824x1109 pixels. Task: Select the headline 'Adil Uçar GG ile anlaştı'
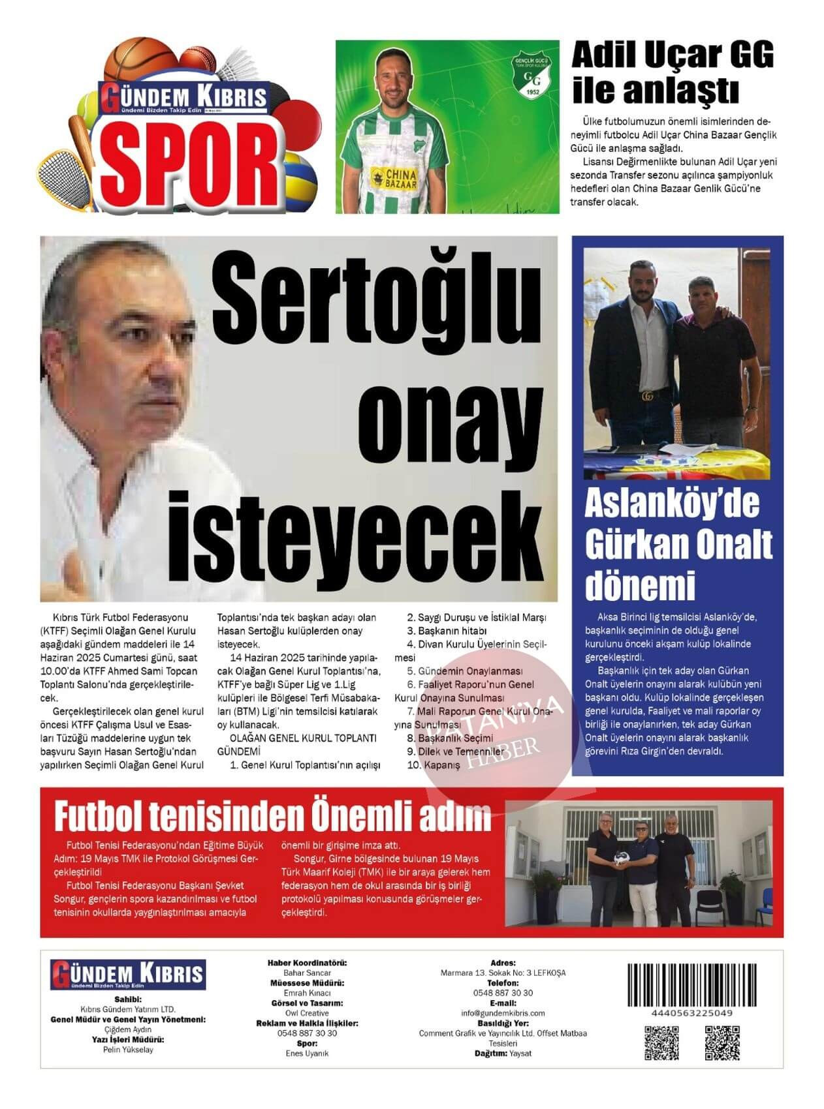(672, 72)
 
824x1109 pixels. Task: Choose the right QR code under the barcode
(721, 1043)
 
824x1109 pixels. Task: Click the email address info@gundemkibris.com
(503, 1013)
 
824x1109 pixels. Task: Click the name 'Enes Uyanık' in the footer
(307, 1053)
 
